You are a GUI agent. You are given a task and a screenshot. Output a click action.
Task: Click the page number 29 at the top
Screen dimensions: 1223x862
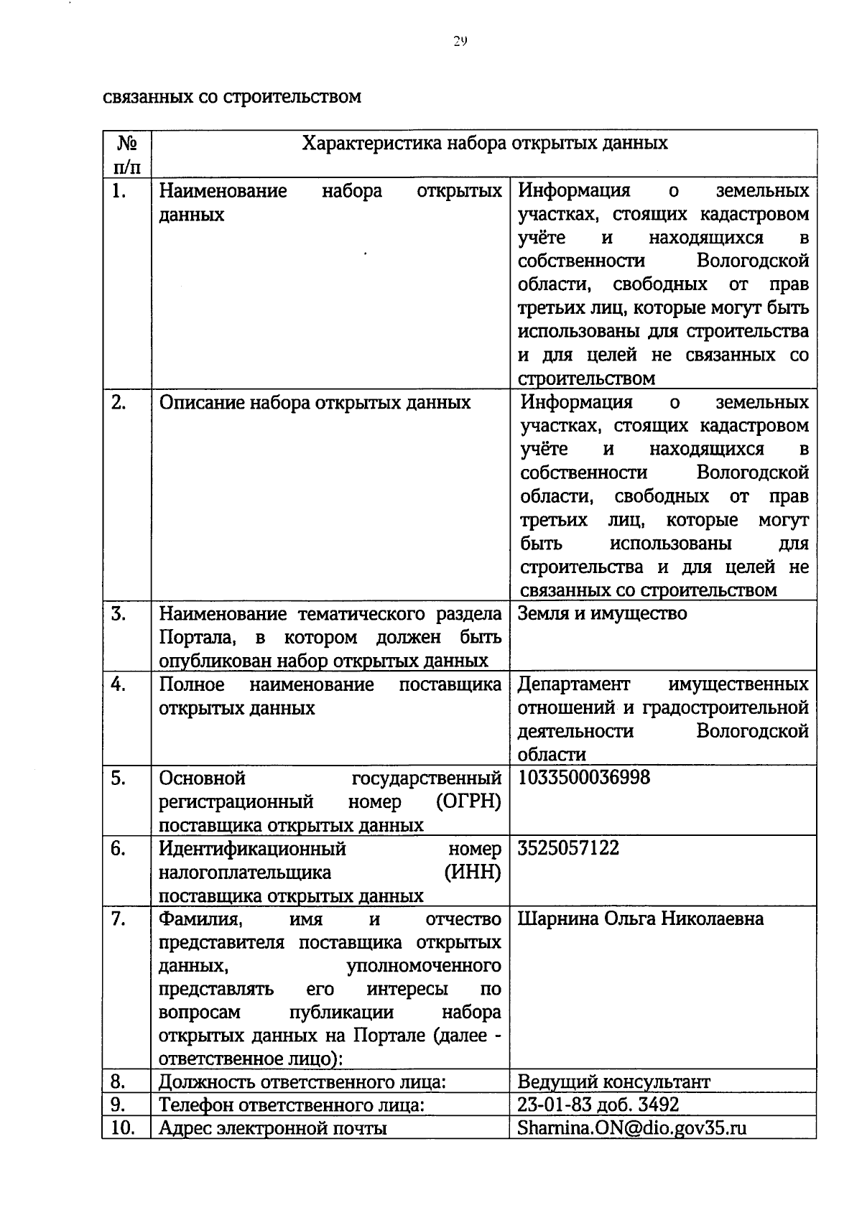[460, 41]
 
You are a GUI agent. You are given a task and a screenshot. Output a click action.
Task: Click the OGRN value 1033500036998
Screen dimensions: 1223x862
[583, 777]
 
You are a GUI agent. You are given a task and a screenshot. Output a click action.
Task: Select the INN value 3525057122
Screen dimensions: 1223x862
[568, 847]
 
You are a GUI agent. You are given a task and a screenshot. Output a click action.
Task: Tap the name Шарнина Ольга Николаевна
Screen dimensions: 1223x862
[640, 919]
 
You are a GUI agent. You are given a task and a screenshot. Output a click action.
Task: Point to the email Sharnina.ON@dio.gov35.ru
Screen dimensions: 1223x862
[632, 1127]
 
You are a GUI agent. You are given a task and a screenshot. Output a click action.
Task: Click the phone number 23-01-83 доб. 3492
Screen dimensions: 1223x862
[598, 1104]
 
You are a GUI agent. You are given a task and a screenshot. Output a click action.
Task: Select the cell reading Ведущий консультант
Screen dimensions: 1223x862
[613, 1082]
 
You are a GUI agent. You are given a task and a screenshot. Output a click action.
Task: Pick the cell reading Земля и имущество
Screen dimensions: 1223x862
[602, 613]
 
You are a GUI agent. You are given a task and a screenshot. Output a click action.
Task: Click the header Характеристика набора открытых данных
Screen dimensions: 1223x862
[485, 143]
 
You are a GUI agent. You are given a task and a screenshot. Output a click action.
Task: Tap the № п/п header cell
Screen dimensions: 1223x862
[126, 154]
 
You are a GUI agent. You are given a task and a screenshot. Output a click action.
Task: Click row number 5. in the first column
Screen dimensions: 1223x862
[119, 778]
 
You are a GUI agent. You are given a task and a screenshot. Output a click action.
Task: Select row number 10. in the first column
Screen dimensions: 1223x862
[124, 1127]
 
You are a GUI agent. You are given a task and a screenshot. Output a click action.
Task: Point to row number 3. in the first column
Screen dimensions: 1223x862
[119, 613]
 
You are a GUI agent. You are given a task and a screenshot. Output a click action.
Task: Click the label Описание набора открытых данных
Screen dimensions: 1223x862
[315, 402]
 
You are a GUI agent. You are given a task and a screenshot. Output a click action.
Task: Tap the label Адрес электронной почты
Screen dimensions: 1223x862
[273, 1127]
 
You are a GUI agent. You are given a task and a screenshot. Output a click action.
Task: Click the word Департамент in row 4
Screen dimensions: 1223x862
[573, 684]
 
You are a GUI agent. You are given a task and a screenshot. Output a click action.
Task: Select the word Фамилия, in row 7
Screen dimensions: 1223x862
[200, 919]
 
